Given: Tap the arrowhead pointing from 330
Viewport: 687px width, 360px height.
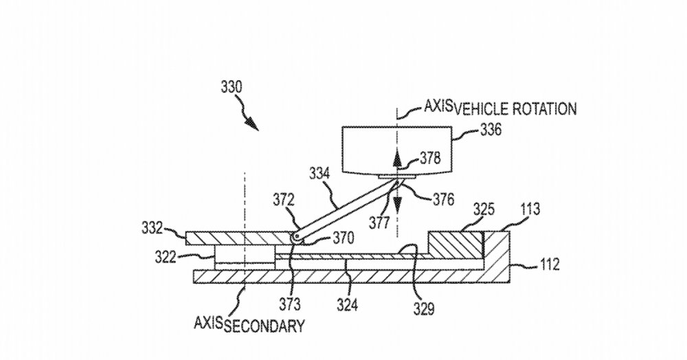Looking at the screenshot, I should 253,125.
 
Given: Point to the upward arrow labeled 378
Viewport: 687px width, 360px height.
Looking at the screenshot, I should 396,160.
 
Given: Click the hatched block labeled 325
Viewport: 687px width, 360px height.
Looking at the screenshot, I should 456,243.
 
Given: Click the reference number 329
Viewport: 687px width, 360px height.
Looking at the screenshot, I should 423,308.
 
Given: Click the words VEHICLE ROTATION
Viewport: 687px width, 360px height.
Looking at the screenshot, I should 515,109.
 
